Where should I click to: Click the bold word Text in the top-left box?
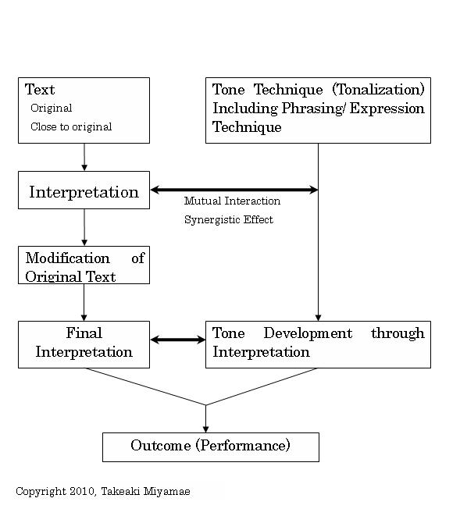[x=40, y=90]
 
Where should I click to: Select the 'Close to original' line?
[x=71, y=126]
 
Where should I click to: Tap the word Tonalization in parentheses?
[x=379, y=90]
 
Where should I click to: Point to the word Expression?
[x=387, y=109]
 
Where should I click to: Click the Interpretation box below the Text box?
[x=84, y=190]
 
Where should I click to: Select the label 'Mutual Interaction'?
[x=233, y=201]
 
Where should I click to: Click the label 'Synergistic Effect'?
[x=229, y=219]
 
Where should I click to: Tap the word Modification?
[x=68, y=258]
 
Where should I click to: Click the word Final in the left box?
[x=84, y=333]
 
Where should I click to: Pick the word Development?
[x=308, y=333]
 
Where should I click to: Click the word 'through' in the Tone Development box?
[x=398, y=333]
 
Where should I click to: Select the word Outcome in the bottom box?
[x=161, y=446]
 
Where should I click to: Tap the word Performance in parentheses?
[x=244, y=446]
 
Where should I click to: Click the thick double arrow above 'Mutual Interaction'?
[x=234, y=190]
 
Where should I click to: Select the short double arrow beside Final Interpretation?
[x=178, y=340]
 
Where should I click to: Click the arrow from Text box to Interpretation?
[x=84, y=157]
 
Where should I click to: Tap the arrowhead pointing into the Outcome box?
[x=206, y=429]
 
